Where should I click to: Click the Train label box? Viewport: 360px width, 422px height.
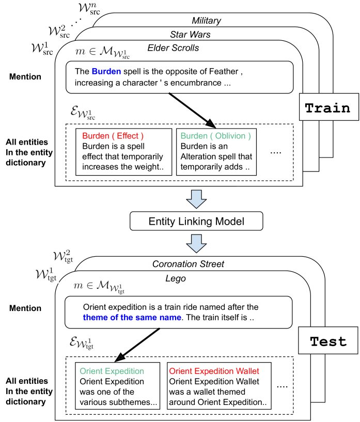329,107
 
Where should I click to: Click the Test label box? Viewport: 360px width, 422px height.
328,340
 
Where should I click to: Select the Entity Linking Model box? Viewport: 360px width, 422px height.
196,221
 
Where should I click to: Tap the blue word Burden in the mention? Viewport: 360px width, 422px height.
106,71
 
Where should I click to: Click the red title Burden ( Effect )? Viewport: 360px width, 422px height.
113,136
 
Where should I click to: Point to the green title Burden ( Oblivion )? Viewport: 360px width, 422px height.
215,136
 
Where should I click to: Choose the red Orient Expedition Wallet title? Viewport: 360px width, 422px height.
214,371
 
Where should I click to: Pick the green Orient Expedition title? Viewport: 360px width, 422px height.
112,371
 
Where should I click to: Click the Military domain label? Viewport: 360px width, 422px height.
207,21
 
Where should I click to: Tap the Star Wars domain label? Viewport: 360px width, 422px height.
190,34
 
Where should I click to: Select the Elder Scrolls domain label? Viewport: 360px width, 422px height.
173,48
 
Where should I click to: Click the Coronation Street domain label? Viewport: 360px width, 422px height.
188,264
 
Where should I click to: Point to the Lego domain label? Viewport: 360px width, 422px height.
176,278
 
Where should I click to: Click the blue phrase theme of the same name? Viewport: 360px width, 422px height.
132,317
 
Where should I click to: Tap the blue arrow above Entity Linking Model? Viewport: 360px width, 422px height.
196,199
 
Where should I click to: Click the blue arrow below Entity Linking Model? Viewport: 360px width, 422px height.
196,244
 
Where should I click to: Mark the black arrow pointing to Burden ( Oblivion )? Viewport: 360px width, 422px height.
192,111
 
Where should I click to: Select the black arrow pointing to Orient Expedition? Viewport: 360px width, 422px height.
137,345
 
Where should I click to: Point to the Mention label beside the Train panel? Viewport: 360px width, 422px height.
25,76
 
